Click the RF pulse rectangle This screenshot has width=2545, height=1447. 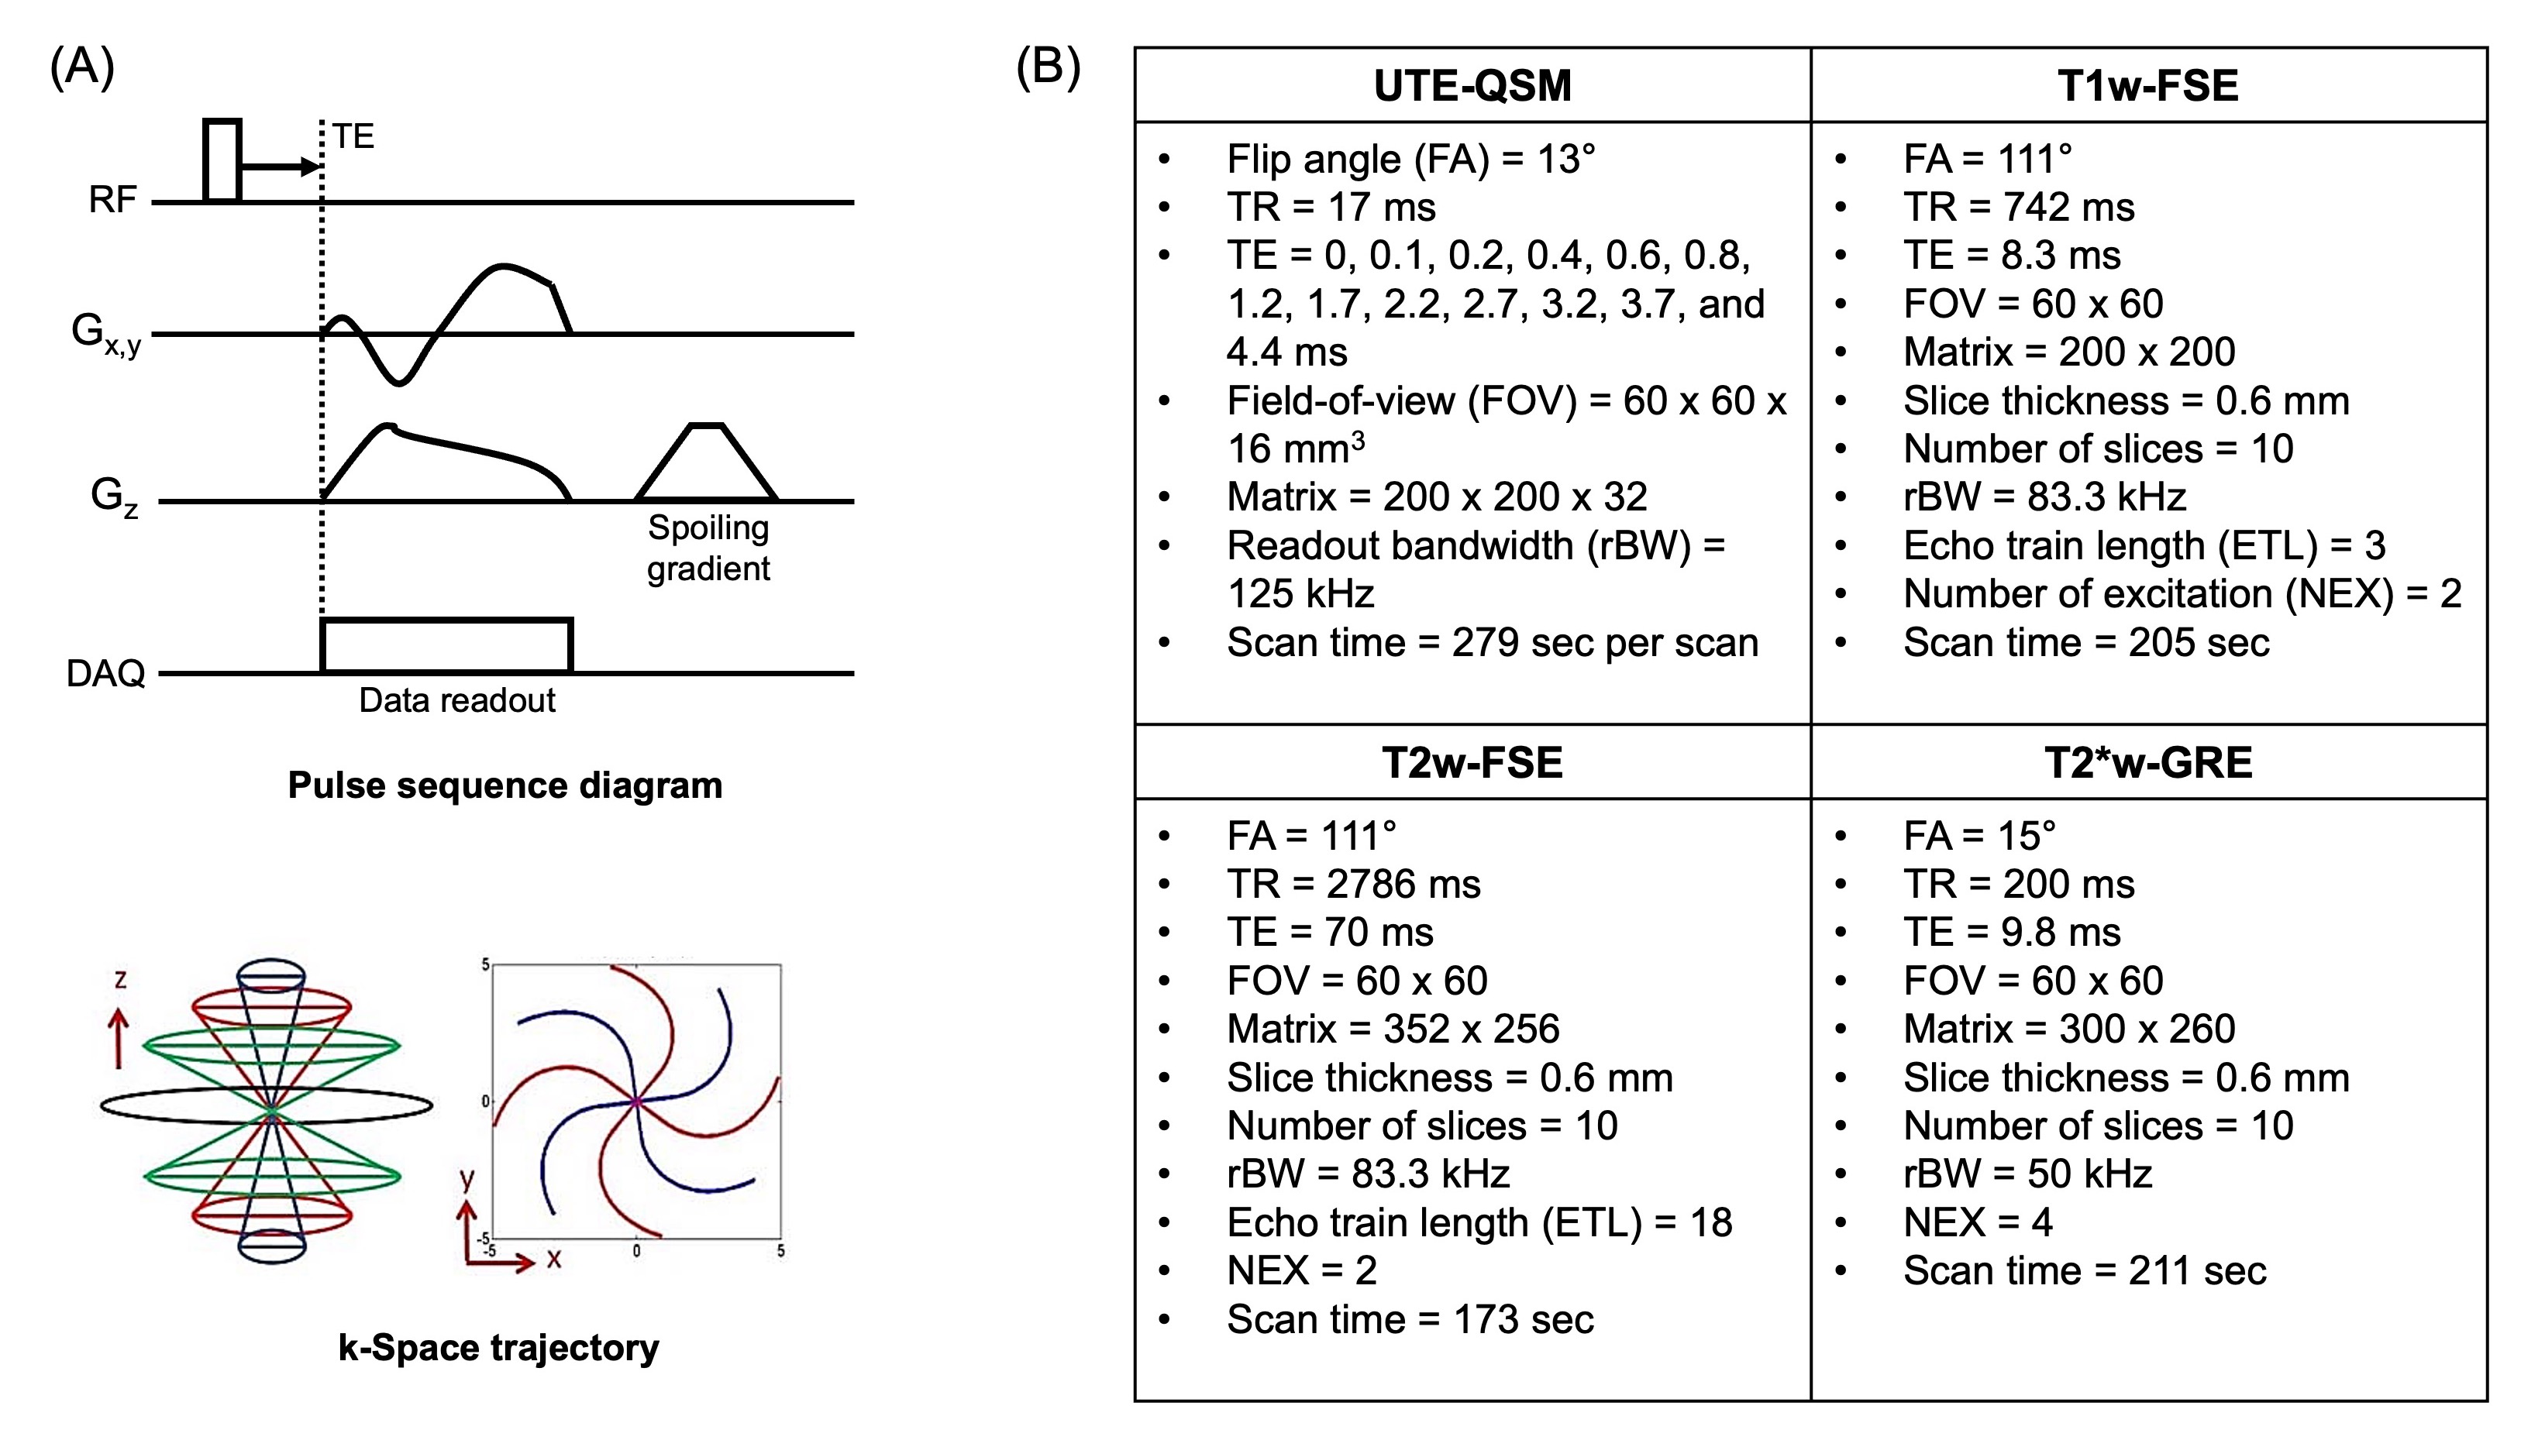(x=222, y=161)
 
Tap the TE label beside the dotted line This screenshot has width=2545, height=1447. (x=353, y=136)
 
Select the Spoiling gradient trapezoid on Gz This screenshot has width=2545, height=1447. (x=706, y=463)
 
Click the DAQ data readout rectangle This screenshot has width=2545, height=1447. (x=446, y=646)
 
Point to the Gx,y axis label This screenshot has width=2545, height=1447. (x=105, y=333)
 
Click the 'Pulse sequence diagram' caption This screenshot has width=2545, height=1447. (x=505, y=785)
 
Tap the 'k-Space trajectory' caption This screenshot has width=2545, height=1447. (x=498, y=1348)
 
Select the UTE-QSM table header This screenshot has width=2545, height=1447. (x=1472, y=85)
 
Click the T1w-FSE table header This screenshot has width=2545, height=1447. (x=2148, y=85)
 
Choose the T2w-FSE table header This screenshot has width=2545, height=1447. (x=1472, y=762)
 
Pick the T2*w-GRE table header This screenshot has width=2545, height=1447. (x=2148, y=762)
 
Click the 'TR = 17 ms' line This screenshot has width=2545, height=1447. (x=1331, y=207)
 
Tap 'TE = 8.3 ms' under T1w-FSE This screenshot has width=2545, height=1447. (x=2011, y=256)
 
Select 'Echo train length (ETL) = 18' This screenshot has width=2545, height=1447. (x=1479, y=1222)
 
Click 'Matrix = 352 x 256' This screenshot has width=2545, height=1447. (x=1393, y=1029)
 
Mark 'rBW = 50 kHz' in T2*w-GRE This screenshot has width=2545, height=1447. (x=2027, y=1174)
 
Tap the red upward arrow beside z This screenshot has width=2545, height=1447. (x=119, y=1039)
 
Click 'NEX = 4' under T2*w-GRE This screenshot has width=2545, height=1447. (x=1978, y=1222)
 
